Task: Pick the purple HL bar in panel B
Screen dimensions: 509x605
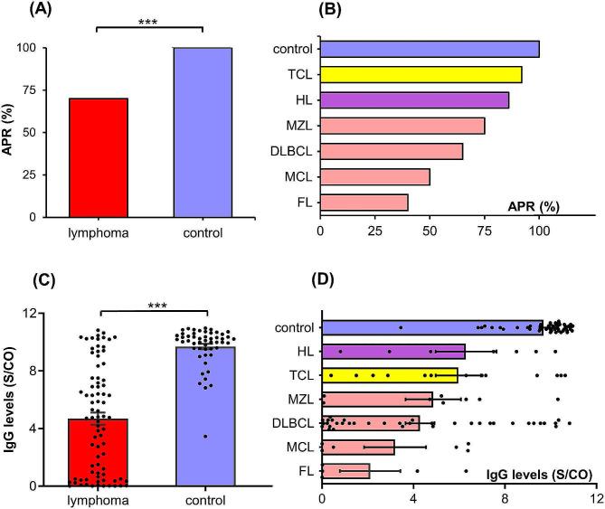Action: coord(414,99)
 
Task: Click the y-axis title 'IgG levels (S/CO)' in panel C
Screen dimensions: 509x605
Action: coord(14,398)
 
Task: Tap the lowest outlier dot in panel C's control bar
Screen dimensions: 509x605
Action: coord(205,437)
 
